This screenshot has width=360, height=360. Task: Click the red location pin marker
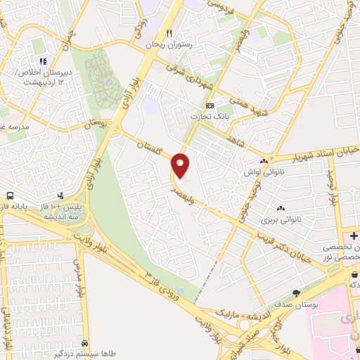coord(181,165)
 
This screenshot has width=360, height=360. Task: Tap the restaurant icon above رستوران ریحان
coord(169,33)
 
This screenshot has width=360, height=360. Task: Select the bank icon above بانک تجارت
coord(210,105)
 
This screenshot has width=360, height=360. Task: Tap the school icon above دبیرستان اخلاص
coord(42,60)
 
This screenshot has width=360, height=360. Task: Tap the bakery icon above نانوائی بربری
coord(281,207)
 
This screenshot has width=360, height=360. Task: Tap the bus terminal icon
coord(10,195)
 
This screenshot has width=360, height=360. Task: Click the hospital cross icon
coord(354,236)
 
